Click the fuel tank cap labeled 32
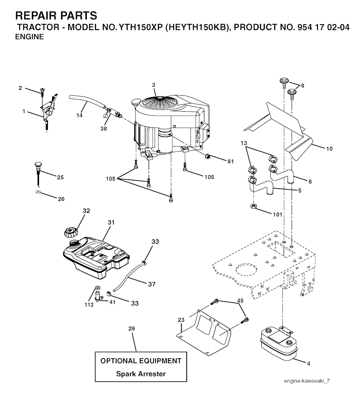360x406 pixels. tap(71, 232)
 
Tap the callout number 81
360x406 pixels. tap(231, 161)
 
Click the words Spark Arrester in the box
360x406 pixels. tap(141, 374)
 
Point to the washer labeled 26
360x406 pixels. tap(38, 192)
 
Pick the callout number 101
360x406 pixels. tap(277, 214)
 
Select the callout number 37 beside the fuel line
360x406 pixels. tap(152, 284)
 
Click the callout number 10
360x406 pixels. tap(329, 149)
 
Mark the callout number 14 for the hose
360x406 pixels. tap(80, 115)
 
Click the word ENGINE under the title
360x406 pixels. tap(30, 37)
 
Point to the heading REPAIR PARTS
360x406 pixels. tap(56, 16)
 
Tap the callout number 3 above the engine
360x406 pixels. tap(154, 85)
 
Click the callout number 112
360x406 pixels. tap(89, 305)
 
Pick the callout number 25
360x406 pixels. tap(60, 177)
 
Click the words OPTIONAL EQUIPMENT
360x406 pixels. tap(141, 361)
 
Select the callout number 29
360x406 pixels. tap(131, 329)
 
